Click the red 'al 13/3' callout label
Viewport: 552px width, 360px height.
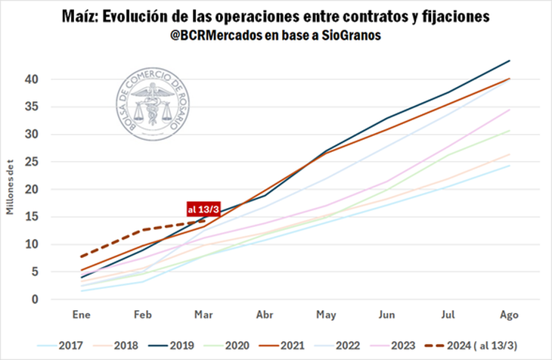[x=202, y=209]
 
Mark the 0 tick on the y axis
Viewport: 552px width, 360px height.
[x=34, y=299]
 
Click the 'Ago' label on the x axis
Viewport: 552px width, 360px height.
[x=509, y=315]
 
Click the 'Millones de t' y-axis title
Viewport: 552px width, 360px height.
[x=11, y=189]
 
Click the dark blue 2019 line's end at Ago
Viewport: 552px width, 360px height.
[x=510, y=61]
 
